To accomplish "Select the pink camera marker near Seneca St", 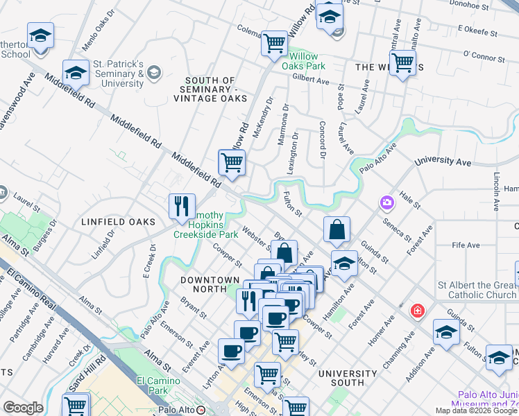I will tap(386, 203).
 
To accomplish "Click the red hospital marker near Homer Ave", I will tap(417, 310).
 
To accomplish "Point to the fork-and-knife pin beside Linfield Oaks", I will tap(181, 206).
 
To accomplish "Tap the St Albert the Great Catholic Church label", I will tap(476, 290).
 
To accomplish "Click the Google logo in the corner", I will tap(23, 408).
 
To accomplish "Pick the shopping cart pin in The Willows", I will tap(402, 63).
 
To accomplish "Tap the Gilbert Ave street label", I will tap(311, 80).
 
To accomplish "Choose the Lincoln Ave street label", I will tap(496, 191).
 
